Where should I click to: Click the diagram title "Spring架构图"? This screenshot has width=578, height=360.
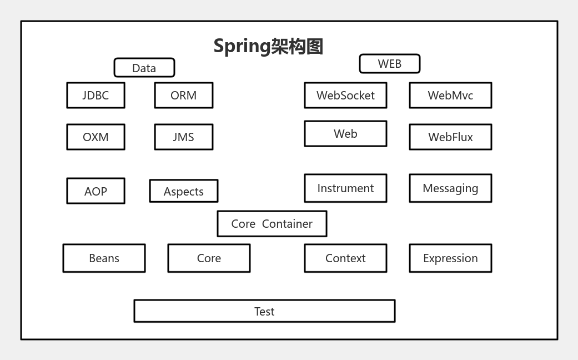(268, 46)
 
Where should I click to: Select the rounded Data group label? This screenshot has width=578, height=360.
(144, 68)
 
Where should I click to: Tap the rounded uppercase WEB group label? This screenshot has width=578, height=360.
(390, 64)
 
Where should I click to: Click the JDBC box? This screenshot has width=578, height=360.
(96, 95)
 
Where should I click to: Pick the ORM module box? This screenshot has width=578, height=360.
(184, 95)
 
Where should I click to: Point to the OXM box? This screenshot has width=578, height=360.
(96, 137)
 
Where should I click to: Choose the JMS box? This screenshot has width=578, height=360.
(184, 137)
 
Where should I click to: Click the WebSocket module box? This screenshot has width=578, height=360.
(345, 95)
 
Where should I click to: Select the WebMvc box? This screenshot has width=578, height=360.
(450, 95)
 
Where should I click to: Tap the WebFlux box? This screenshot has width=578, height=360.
(450, 137)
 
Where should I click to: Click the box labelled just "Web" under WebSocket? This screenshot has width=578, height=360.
(345, 134)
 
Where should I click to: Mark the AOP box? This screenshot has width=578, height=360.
(96, 191)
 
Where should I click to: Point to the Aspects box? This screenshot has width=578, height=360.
(184, 191)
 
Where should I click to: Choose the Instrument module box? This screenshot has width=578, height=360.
(345, 188)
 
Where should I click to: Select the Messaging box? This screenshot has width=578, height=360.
(450, 188)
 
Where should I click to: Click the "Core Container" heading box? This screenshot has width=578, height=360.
(272, 224)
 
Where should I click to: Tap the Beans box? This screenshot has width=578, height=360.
(104, 258)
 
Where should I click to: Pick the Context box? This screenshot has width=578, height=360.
(345, 258)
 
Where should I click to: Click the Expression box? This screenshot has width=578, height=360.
(450, 258)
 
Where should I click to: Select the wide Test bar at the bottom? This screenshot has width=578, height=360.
(264, 311)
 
